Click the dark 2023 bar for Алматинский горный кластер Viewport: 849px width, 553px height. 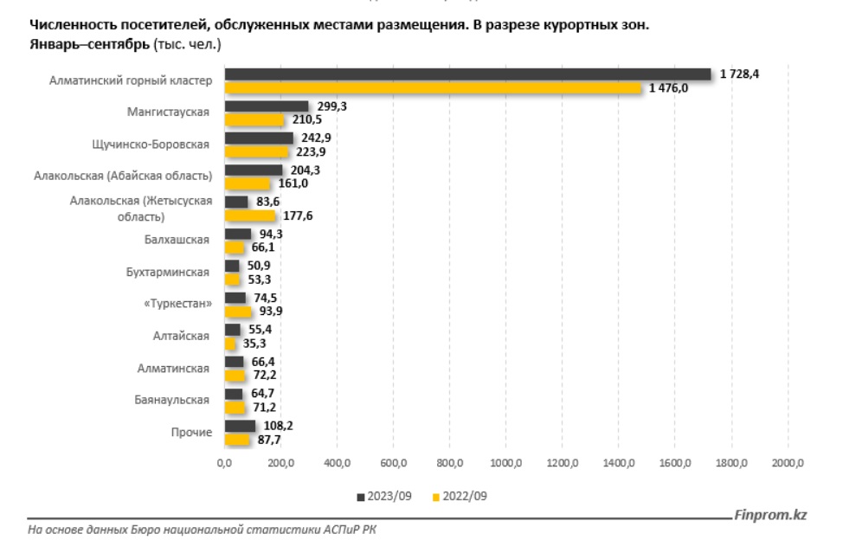click(x=467, y=74)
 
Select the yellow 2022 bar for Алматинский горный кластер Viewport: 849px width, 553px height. click(x=433, y=87)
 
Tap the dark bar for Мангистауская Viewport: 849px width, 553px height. click(x=267, y=106)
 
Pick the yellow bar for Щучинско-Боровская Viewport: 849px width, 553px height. click(x=256, y=151)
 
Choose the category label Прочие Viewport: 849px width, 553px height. click(x=191, y=432)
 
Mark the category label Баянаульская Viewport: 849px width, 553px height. click(x=173, y=400)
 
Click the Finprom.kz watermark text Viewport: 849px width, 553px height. click(x=770, y=515)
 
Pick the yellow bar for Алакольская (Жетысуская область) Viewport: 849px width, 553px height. click(x=249, y=215)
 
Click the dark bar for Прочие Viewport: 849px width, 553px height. click(x=240, y=426)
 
